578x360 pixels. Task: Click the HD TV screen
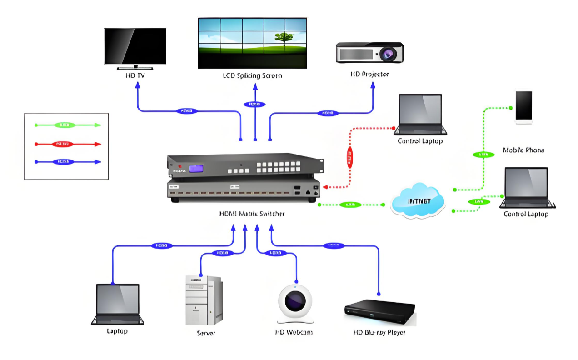135,46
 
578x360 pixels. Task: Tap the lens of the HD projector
388,54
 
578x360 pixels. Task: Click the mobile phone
523,107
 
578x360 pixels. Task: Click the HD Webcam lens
295,300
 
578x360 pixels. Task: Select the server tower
203,300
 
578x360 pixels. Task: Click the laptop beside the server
117,304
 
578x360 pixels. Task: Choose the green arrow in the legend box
68,125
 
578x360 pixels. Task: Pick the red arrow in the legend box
68,144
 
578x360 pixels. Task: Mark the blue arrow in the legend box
68,161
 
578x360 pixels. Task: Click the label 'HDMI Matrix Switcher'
252,214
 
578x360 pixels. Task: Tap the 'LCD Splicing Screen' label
252,75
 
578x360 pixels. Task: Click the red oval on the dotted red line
349,157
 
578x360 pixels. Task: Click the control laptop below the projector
420,114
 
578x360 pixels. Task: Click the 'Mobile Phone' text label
523,150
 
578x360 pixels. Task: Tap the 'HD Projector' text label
369,74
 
